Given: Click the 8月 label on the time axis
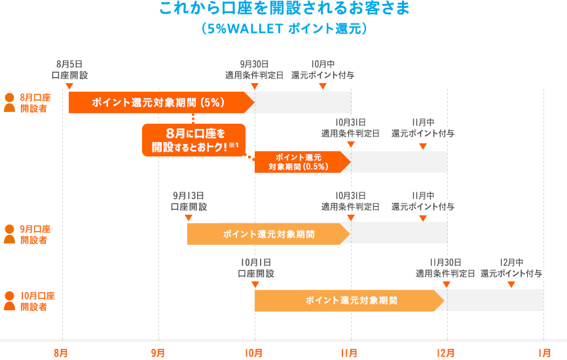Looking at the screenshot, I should click(x=61, y=353).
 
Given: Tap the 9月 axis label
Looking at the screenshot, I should click(x=158, y=353).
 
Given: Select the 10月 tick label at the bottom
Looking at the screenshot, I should click(x=254, y=353).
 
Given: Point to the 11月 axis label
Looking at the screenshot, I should click(x=350, y=353).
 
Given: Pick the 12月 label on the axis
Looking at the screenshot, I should click(x=446, y=353).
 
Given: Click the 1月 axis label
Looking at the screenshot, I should click(x=543, y=353).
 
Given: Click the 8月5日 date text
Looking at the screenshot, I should click(x=69, y=64).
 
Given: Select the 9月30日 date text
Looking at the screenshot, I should click(x=254, y=64).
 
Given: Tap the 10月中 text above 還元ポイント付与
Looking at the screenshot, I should click(x=323, y=64).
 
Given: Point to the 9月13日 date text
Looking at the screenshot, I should click(x=189, y=195).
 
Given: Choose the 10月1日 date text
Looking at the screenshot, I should click(x=255, y=262).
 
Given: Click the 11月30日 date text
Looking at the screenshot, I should click(x=446, y=262).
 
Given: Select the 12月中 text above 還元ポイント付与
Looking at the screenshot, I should click(x=511, y=262).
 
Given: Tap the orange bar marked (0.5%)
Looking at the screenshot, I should click(x=298, y=162).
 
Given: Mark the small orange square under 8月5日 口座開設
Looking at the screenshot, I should click(x=69, y=87).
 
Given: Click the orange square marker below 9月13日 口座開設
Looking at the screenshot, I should click(x=188, y=218).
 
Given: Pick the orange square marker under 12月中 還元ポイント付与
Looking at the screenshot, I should click(x=511, y=285).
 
